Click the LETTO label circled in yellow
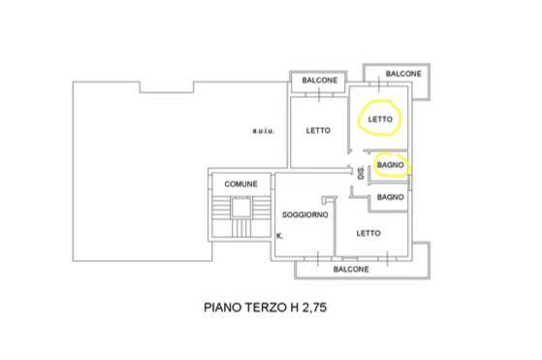[380, 119]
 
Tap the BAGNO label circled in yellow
[390, 165]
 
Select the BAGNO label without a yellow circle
[390, 197]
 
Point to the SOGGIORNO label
[304, 214]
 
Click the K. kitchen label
[279, 236]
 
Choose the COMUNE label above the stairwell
[240, 184]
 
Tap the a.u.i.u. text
[264, 131]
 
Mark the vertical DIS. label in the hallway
[362, 173]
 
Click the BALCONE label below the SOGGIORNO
[351, 269]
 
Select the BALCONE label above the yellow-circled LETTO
[403, 74]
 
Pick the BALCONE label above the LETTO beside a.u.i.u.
[319, 81]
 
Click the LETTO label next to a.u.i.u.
[318, 130]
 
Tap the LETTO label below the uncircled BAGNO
[368, 233]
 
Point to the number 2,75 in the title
[314, 308]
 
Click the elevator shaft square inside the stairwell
[240, 207]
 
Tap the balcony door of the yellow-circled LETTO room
[379, 83]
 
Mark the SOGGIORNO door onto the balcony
[318, 258]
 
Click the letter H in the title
[294, 308]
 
